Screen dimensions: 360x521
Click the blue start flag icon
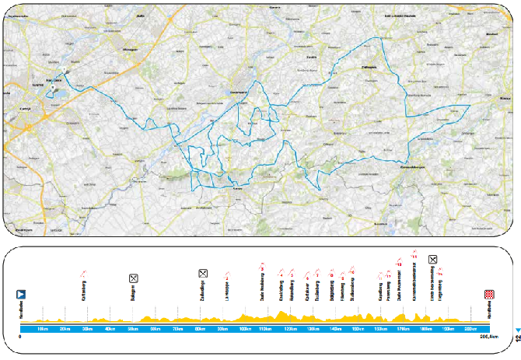tap(22, 295)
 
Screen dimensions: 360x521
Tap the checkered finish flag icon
tap(490, 295)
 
